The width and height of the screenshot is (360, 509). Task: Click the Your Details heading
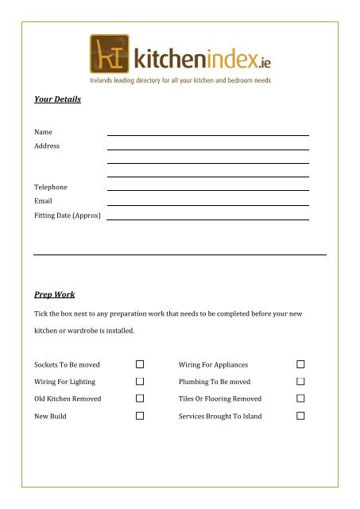point(57,100)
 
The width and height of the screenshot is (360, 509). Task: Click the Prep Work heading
point(54,294)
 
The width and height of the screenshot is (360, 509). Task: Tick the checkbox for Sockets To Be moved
point(140,364)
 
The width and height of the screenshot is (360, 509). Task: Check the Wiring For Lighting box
point(140,382)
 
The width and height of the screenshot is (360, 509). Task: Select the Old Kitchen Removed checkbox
point(140,398)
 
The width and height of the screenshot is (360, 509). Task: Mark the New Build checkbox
point(140,416)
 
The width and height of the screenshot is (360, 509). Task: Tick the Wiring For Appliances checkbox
point(301,364)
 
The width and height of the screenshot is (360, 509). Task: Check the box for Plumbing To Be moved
point(301,382)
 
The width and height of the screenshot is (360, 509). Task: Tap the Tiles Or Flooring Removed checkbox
point(301,398)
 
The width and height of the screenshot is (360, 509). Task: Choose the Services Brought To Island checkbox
point(301,416)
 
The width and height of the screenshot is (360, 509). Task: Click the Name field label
point(44,132)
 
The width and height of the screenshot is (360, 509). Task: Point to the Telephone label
point(50,188)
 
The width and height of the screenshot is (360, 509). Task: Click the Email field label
point(43,201)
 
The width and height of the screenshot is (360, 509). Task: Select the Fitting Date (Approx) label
point(68,216)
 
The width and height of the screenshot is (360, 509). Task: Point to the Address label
point(46,146)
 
